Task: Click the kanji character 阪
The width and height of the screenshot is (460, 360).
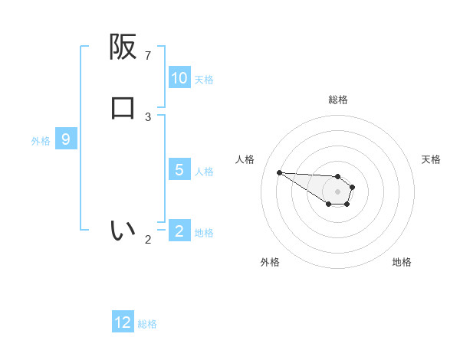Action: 123,47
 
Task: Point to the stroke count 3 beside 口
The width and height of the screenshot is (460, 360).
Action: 148,117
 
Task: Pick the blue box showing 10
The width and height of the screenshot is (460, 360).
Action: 179,78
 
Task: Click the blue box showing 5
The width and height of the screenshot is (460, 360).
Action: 179,170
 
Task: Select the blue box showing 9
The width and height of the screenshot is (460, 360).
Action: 66,139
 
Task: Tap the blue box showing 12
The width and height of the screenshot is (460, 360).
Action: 123,322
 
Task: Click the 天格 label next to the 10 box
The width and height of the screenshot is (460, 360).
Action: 204,80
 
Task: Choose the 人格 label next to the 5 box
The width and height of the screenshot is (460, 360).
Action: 204,172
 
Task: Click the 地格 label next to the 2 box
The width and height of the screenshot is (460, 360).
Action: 204,233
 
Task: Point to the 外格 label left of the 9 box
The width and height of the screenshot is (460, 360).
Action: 41,141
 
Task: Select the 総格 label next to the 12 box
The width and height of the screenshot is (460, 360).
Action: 147,324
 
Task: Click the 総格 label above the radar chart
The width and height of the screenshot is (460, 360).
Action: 338,100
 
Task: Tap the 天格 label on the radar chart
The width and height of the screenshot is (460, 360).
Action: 431,159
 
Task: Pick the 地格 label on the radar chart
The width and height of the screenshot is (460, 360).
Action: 402,263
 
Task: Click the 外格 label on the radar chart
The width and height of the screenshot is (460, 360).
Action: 270,263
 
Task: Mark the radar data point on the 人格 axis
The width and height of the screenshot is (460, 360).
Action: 279,172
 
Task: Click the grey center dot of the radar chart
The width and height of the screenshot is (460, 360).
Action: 337,191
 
